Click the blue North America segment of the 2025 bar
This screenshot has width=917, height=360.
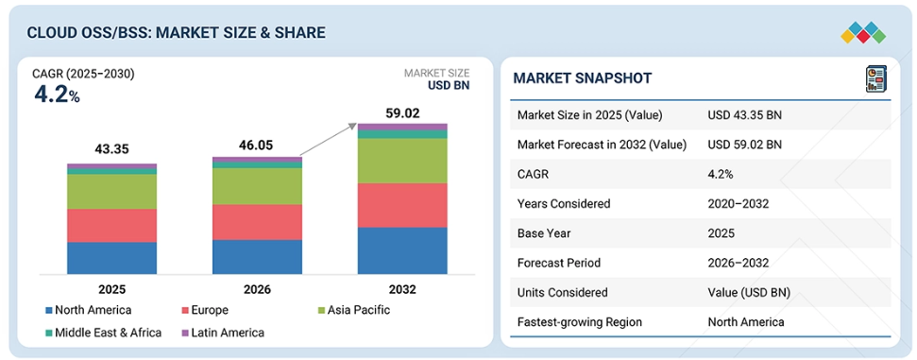click(x=111, y=258)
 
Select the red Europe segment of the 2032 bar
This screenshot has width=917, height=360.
click(x=402, y=205)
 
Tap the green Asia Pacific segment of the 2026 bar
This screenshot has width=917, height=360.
click(x=257, y=186)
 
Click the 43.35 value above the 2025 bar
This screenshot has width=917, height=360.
click(x=111, y=149)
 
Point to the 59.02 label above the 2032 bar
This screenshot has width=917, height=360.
click(x=402, y=113)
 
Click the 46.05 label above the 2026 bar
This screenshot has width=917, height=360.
click(x=257, y=146)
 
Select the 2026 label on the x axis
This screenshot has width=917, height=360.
click(x=257, y=289)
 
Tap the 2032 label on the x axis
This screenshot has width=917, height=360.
click(x=402, y=289)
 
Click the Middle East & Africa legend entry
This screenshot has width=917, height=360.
click(x=104, y=333)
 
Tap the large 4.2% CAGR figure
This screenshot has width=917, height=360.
click(x=57, y=95)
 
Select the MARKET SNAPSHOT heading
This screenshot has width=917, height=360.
click(x=582, y=78)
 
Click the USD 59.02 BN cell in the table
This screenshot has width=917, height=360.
click(x=744, y=145)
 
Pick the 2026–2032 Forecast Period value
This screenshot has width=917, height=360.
click(x=739, y=263)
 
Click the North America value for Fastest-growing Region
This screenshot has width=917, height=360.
click(x=746, y=322)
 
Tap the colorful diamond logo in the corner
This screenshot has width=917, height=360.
click(x=863, y=33)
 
